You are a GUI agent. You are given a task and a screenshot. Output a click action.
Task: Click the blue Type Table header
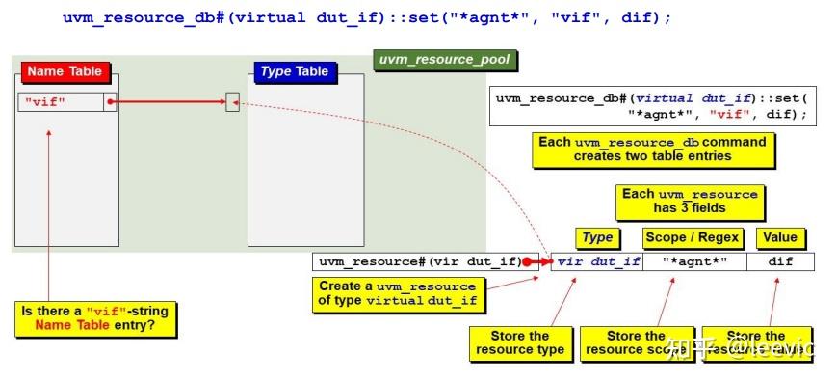point(294,71)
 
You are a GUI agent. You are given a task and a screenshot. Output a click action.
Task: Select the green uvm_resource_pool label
point(444,60)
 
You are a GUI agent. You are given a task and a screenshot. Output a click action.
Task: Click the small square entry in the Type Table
point(232,101)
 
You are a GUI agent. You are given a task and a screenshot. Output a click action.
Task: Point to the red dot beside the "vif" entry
point(111,101)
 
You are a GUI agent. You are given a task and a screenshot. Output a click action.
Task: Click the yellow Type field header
point(597,237)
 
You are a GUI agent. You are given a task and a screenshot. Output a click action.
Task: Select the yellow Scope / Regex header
point(693,237)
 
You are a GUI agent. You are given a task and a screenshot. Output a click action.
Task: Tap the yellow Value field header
point(779,237)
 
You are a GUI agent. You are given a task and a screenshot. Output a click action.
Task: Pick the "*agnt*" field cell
point(694,261)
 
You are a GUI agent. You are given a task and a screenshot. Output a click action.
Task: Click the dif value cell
point(780,261)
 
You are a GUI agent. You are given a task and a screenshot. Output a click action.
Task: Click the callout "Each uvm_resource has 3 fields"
point(689,201)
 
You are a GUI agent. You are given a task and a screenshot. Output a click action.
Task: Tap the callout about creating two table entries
point(652,149)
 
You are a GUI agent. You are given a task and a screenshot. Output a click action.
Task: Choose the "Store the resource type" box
point(519,342)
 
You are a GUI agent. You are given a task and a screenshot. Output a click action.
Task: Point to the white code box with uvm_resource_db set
point(652,106)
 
